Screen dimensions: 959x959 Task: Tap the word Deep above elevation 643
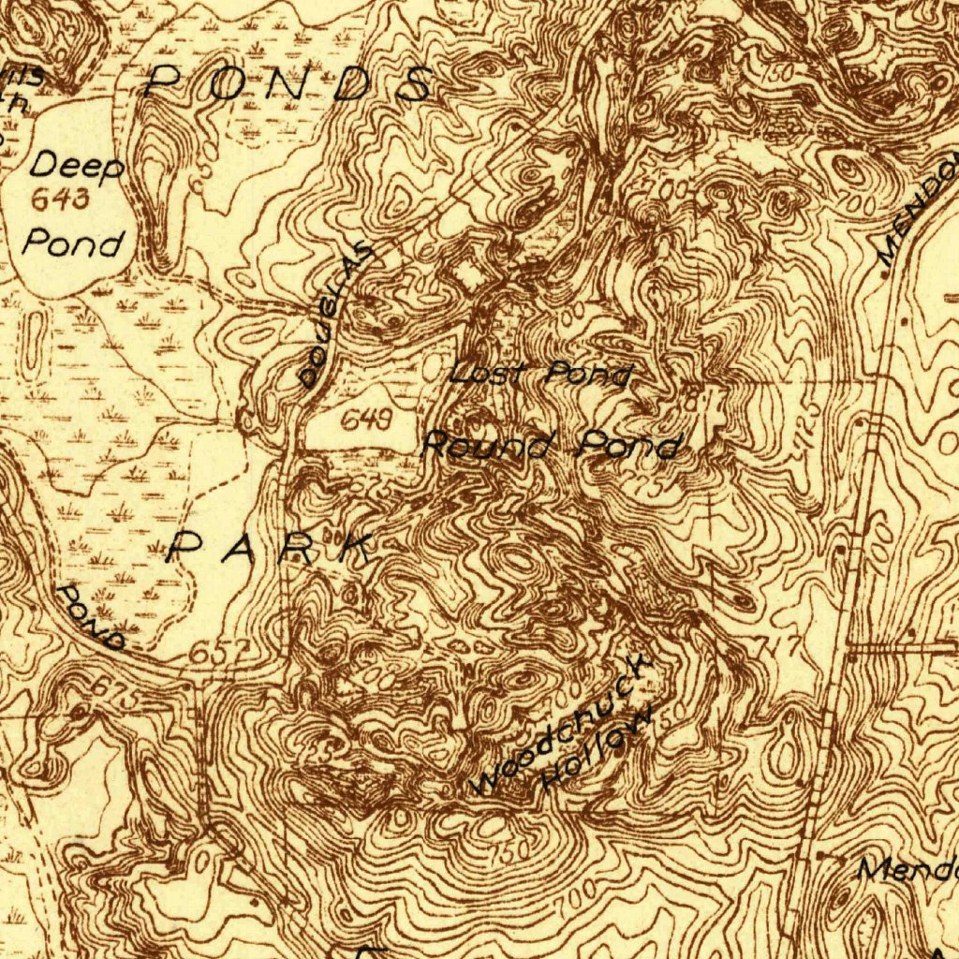[x=77, y=167]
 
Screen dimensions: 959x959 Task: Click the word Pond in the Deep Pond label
[x=73, y=243]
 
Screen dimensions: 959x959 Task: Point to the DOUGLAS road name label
[x=335, y=317]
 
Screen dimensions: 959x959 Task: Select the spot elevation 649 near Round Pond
[x=365, y=420]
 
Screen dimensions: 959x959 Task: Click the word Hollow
[x=597, y=751]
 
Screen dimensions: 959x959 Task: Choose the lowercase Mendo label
[x=907, y=868]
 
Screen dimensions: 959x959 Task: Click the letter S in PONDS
[x=413, y=84]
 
